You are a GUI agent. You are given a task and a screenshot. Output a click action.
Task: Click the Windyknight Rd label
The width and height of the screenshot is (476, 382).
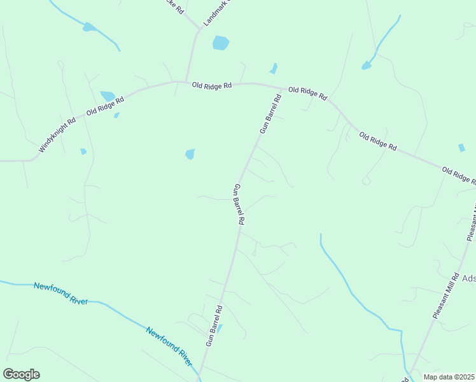click(x=57, y=134)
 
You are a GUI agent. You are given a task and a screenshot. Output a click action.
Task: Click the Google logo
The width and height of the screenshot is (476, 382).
click(x=21, y=374)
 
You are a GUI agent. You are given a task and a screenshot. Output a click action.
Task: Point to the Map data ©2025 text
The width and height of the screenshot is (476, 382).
click(x=448, y=377)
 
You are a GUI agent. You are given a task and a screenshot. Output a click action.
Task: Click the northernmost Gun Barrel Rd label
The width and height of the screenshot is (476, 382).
click(x=270, y=114)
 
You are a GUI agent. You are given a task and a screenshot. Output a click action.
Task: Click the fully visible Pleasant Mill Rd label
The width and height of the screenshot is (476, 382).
click(x=445, y=296)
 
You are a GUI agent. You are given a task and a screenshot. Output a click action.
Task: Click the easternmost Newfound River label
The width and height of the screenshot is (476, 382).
click(x=169, y=346)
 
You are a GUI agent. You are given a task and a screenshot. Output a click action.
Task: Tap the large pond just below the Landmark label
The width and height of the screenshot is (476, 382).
click(x=220, y=43)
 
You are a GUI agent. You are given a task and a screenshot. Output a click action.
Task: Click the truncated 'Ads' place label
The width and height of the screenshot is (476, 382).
click(x=468, y=278)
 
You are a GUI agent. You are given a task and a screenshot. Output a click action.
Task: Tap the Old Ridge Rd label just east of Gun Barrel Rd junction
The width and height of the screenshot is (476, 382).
click(x=307, y=94)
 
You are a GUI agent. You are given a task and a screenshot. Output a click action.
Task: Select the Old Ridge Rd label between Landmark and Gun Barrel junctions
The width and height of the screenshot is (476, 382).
click(x=213, y=85)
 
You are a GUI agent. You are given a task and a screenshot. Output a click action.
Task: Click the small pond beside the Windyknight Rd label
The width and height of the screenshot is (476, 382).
click(x=83, y=152)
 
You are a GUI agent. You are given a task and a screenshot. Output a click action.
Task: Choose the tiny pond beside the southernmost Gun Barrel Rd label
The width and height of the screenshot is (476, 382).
click(x=220, y=328)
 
